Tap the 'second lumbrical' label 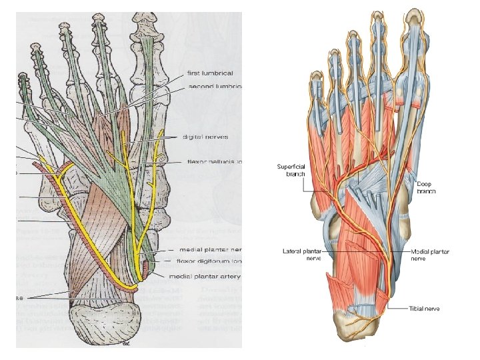215,87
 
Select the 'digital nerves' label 205,137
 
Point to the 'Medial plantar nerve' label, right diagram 429,255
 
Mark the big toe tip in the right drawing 414,15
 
